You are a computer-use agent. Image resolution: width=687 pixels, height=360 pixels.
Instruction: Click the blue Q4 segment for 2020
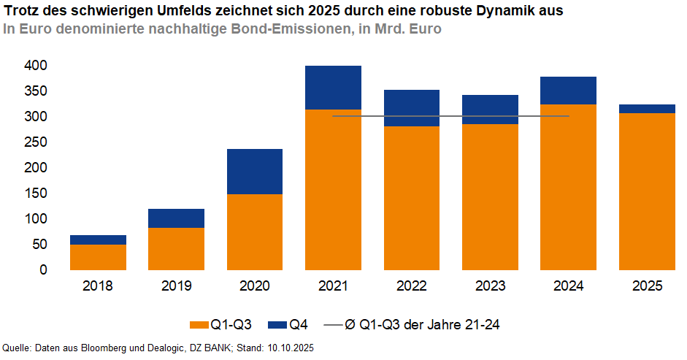pos(255,172)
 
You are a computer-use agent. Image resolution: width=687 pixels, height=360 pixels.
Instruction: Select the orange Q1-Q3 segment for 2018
pos(98,257)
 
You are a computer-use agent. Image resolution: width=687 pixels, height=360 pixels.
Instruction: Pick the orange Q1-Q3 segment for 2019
pos(176,249)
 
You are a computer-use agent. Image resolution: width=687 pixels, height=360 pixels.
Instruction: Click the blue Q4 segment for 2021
pos(333,88)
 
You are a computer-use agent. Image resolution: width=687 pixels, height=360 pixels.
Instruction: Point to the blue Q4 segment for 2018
pos(98,240)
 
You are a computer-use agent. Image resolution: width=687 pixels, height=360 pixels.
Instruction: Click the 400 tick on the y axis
pos(37,66)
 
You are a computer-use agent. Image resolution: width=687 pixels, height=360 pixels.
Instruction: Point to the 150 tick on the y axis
pos(37,194)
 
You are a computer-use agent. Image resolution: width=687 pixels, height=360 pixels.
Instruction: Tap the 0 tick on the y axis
pos(43,270)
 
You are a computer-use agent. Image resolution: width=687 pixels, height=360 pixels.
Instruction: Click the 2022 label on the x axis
pos(411,286)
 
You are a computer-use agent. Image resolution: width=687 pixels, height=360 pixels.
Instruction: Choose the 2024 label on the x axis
pos(567,286)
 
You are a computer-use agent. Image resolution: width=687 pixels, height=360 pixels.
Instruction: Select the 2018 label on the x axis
pos(98,286)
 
